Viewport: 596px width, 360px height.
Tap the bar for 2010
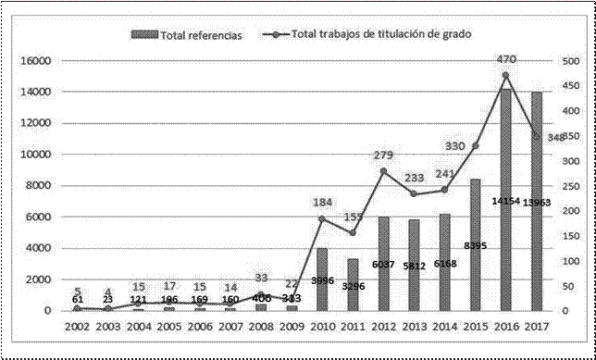click(322, 279)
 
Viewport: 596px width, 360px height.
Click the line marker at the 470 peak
click(505, 75)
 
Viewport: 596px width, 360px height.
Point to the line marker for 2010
click(322, 218)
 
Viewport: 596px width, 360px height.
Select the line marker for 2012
click(383, 171)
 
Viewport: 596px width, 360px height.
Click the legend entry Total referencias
click(193, 34)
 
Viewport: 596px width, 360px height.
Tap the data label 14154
click(504, 227)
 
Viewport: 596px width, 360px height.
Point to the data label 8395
click(474, 245)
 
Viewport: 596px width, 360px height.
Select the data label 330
click(454, 146)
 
